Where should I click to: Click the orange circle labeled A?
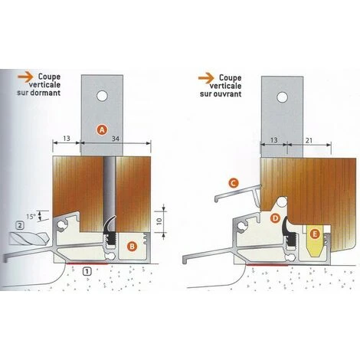102,130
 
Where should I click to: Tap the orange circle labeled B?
132,247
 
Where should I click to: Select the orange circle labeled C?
234,183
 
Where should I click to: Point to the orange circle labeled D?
275,218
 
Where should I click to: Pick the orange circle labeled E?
315,234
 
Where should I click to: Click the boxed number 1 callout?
87,271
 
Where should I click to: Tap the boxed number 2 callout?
20,225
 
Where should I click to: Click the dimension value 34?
116,139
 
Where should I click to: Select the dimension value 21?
309,140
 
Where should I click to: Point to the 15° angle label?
30,217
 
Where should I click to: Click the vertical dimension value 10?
159,221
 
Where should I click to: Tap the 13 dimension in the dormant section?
67,139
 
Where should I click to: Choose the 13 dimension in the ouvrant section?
273,140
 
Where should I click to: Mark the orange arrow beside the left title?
25,77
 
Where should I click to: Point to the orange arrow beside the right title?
206,77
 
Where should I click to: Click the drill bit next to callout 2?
29,239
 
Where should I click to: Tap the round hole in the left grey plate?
102,97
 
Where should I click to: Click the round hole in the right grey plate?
283,98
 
